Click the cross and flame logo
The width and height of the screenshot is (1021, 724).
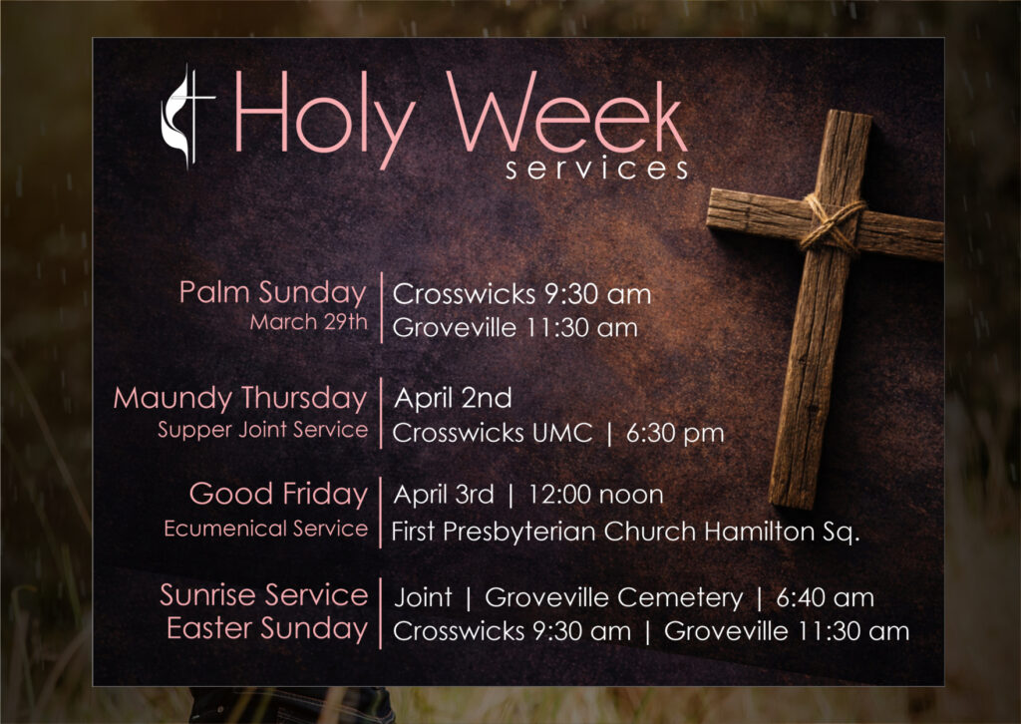point(187,117)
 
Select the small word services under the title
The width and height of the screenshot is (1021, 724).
point(596,170)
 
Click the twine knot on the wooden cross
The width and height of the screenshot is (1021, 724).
point(832,224)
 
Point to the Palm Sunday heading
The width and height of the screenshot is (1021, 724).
point(272,292)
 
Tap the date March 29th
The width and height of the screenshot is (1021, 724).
point(308,323)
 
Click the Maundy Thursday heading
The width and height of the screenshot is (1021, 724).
point(239,398)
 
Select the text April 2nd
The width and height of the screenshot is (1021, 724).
point(453,399)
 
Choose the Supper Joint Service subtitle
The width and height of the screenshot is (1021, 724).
point(262,430)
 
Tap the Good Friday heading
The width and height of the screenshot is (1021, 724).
point(278,494)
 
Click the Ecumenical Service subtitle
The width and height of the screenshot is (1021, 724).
point(266,529)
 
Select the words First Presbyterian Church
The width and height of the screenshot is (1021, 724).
point(544,532)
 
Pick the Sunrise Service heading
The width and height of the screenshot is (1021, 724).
point(263,595)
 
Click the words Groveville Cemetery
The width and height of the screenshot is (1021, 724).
point(613,598)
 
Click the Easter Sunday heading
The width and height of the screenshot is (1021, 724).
point(266,628)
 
